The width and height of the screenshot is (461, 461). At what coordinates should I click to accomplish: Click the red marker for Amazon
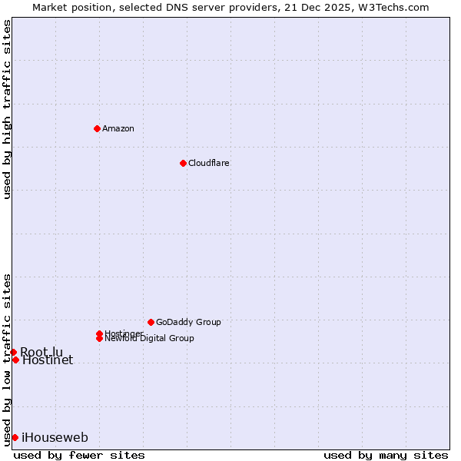click(97, 128)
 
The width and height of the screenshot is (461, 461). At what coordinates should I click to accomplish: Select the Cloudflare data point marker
click(183, 163)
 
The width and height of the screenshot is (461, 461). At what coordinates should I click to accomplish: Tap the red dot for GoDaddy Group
click(151, 322)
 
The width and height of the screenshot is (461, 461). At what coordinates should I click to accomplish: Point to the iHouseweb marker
click(15, 437)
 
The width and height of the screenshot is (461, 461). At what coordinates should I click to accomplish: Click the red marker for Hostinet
click(15, 360)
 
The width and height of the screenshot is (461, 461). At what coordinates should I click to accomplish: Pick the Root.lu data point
click(13, 352)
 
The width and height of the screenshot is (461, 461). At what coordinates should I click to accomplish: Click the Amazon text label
click(118, 128)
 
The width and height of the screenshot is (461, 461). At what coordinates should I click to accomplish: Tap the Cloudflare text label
click(209, 163)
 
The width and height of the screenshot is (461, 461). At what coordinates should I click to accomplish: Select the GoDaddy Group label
click(188, 322)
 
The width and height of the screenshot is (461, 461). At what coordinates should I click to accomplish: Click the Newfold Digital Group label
click(149, 338)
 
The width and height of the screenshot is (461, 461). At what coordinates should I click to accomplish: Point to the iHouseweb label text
click(55, 438)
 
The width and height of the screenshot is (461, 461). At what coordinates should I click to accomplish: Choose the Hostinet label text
click(48, 360)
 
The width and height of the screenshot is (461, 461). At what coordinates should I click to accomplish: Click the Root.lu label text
click(41, 352)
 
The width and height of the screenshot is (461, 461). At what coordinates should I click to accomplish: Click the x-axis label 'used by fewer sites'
click(79, 456)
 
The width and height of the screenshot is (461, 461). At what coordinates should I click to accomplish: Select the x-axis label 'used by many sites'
click(386, 456)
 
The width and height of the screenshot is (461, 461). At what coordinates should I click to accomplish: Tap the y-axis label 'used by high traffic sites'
click(7, 109)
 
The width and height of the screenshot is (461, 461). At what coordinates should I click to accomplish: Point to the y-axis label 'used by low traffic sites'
click(7, 359)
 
